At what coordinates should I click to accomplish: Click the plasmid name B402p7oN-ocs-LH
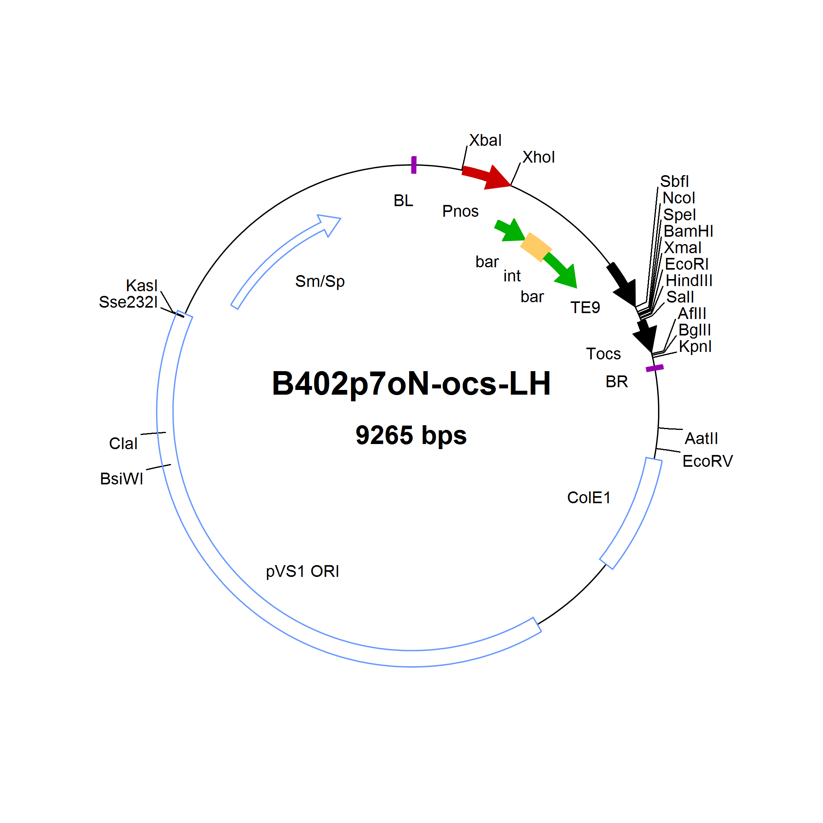(x=411, y=384)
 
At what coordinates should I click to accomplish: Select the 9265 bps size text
(x=411, y=435)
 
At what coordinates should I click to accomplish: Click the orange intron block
(x=536, y=247)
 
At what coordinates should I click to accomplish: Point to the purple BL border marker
(x=413, y=165)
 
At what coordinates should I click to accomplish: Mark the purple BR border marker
(x=655, y=368)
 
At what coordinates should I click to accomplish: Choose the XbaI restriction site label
(x=485, y=140)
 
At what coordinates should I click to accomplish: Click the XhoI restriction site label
(x=538, y=157)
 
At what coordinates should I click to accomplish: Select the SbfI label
(x=674, y=181)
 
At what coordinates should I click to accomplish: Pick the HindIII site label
(x=689, y=280)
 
